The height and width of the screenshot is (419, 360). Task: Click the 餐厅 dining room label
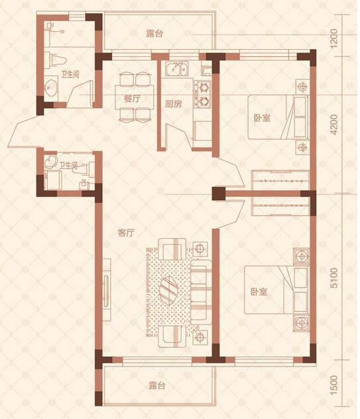[132, 99]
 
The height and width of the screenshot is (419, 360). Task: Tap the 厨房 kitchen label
[173, 104]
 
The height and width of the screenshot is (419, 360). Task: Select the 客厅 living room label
[125, 233]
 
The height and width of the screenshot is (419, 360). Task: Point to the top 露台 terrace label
[154, 34]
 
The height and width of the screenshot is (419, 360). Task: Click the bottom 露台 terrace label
[157, 386]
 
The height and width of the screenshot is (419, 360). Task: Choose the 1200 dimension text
[333, 38]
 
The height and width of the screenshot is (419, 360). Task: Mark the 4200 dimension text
[333, 125]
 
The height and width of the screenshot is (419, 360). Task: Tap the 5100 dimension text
[333, 278]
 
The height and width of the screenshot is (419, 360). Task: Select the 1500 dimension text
[333, 385]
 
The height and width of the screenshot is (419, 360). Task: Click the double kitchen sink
[176, 68]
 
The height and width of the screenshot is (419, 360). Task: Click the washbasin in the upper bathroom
[51, 87]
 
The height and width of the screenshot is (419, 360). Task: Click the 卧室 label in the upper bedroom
[262, 118]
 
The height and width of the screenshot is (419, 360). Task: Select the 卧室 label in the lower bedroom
[259, 292]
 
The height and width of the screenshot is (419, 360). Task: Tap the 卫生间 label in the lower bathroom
[68, 166]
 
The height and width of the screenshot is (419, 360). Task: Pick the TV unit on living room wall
[107, 290]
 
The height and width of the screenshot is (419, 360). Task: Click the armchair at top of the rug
[172, 249]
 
